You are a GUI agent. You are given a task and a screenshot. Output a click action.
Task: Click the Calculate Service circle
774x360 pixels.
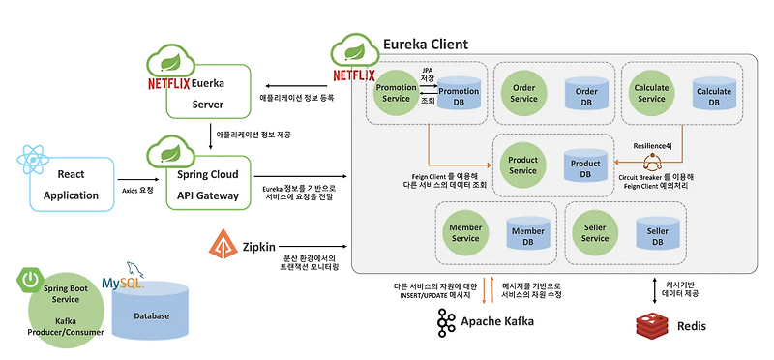pos(650,93)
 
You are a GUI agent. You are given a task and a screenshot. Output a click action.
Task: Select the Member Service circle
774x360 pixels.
pos(465,232)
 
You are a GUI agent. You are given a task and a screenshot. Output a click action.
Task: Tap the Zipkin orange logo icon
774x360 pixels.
pos(223,247)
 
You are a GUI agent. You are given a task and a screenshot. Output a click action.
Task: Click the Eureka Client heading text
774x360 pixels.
pos(426,45)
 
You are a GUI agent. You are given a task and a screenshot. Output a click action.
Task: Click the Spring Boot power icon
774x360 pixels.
pos(29,280)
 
